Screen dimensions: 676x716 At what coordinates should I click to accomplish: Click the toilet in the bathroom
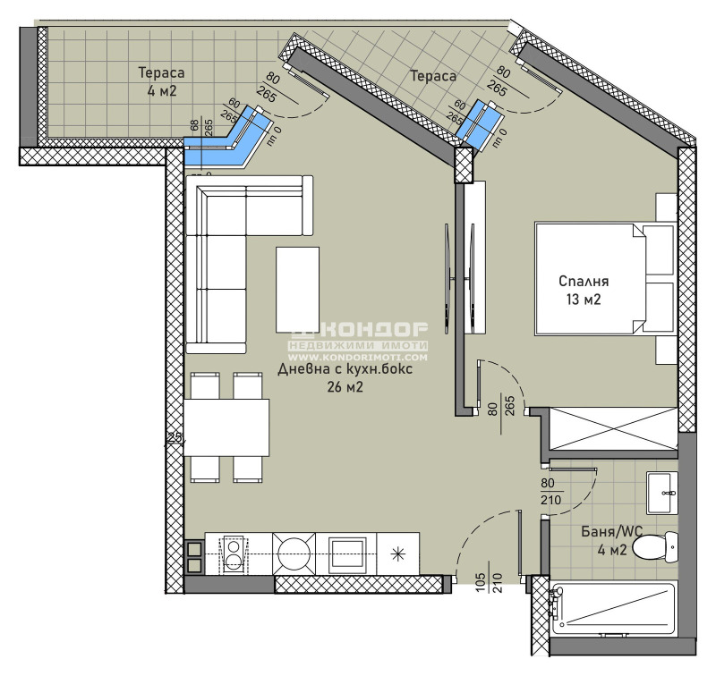(658, 544)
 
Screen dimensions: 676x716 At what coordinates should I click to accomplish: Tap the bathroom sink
(662, 489)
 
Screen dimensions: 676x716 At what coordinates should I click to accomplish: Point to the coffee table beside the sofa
(297, 289)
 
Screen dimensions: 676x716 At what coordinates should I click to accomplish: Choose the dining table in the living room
(227, 427)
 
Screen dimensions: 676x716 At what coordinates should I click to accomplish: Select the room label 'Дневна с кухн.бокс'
(344, 370)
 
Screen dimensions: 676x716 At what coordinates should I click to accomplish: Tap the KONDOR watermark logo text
(357, 330)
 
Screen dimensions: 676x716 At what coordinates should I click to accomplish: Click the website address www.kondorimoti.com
(357, 357)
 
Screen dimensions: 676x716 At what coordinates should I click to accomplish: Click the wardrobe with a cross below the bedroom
(612, 427)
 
